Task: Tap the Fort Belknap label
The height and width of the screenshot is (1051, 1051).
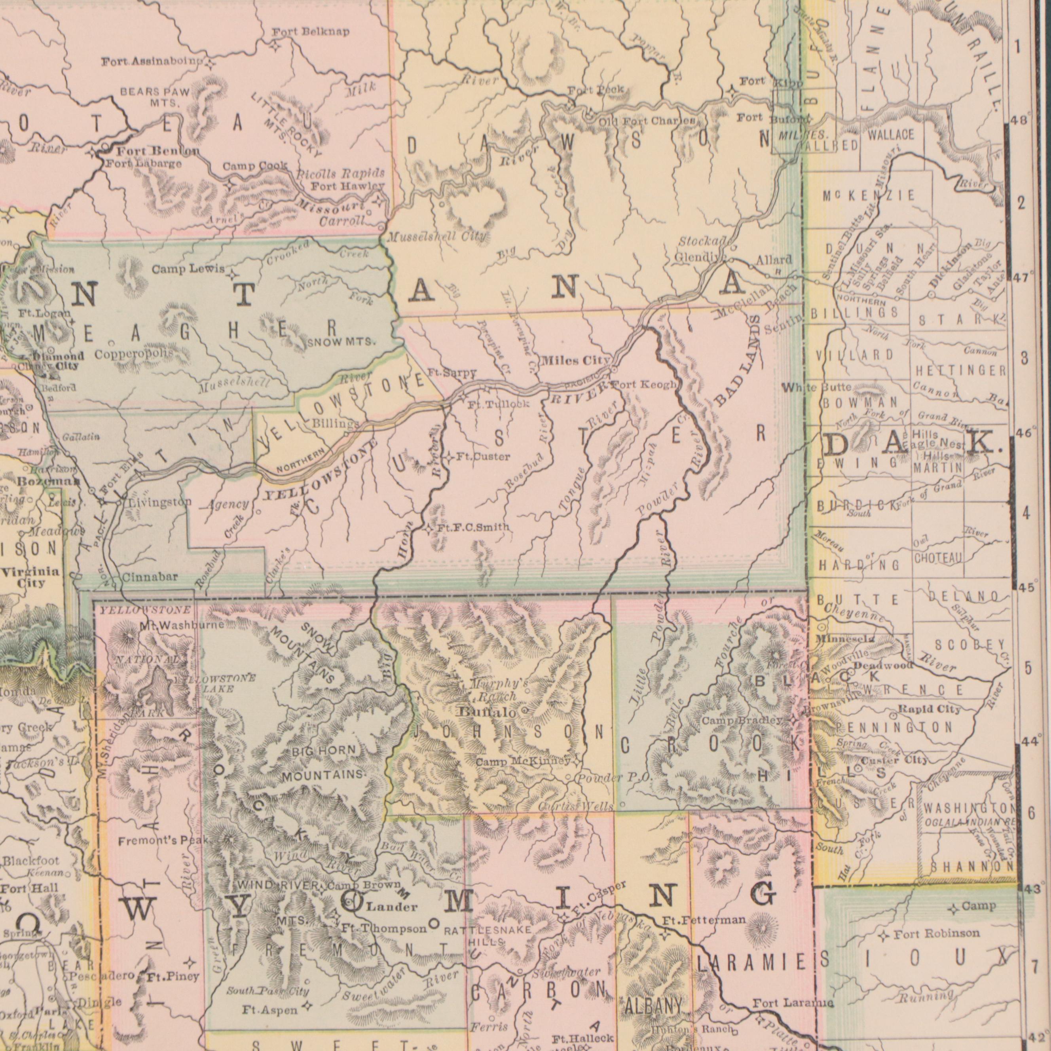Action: coord(311,32)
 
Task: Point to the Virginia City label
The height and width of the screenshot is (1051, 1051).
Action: coord(30,577)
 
